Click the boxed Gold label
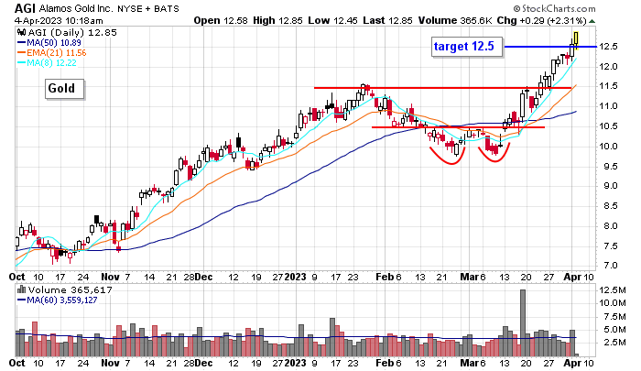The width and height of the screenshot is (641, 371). [66, 89]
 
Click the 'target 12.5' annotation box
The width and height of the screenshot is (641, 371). [466, 45]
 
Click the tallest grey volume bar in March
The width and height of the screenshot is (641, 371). [523, 322]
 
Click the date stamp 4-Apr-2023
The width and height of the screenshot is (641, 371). [27, 18]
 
